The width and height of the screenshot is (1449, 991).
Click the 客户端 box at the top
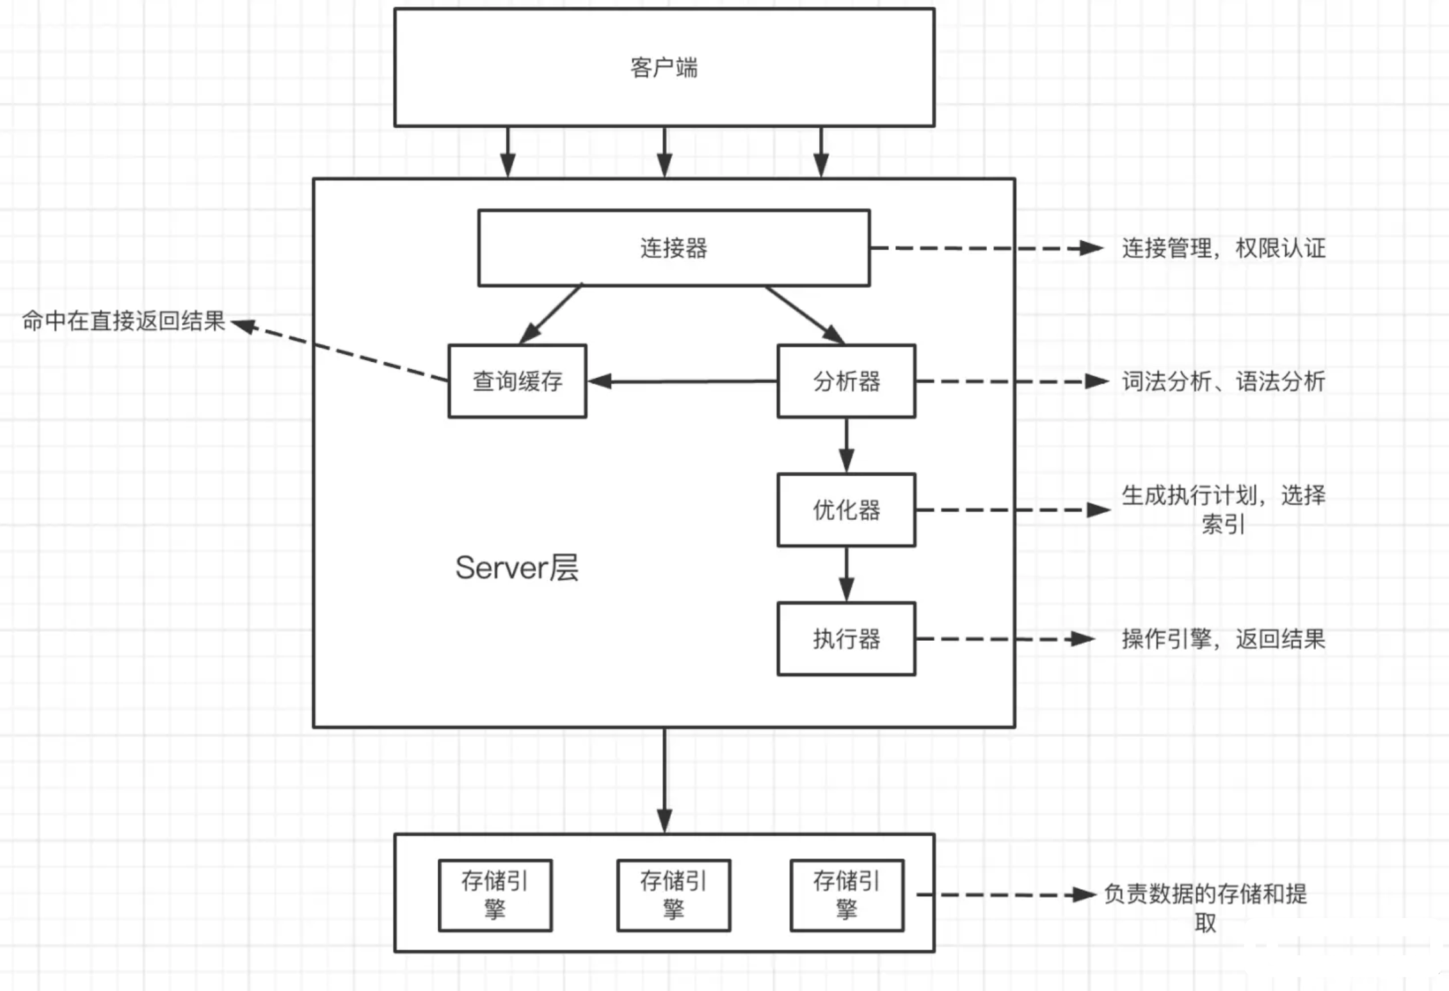tap(664, 67)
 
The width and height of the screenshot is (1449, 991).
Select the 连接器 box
tap(673, 248)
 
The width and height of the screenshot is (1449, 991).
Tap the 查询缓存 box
tap(517, 381)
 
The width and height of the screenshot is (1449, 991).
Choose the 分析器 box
tap(846, 381)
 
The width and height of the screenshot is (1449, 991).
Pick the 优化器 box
tap(846, 510)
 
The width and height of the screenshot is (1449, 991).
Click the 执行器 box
tap(846, 638)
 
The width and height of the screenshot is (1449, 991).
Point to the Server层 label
tap(516, 567)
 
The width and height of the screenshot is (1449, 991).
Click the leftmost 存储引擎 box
tap(495, 894)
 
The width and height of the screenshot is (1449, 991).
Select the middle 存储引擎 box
tap(673, 894)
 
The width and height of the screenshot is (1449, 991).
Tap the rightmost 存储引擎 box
tap(847, 894)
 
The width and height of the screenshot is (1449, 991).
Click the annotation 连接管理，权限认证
tap(1223, 248)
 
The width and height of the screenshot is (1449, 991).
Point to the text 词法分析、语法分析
tap(1223, 382)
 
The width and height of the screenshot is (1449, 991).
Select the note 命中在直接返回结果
tap(124, 321)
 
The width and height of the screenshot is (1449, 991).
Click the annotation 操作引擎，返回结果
tap(1223, 639)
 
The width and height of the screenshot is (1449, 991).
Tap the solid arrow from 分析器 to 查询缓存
tap(682, 382)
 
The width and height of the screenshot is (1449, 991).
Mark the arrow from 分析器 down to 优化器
tap(846, 445)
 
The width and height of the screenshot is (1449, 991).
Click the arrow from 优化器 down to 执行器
tap(846, 574)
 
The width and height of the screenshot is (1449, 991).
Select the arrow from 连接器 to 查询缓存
tap(551, 314)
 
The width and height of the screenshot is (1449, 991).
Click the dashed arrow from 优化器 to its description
tap(1011, 510)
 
